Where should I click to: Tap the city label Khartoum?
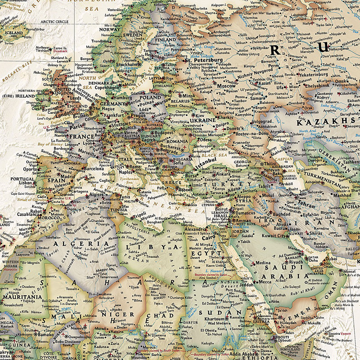click(x=215, y=318)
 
